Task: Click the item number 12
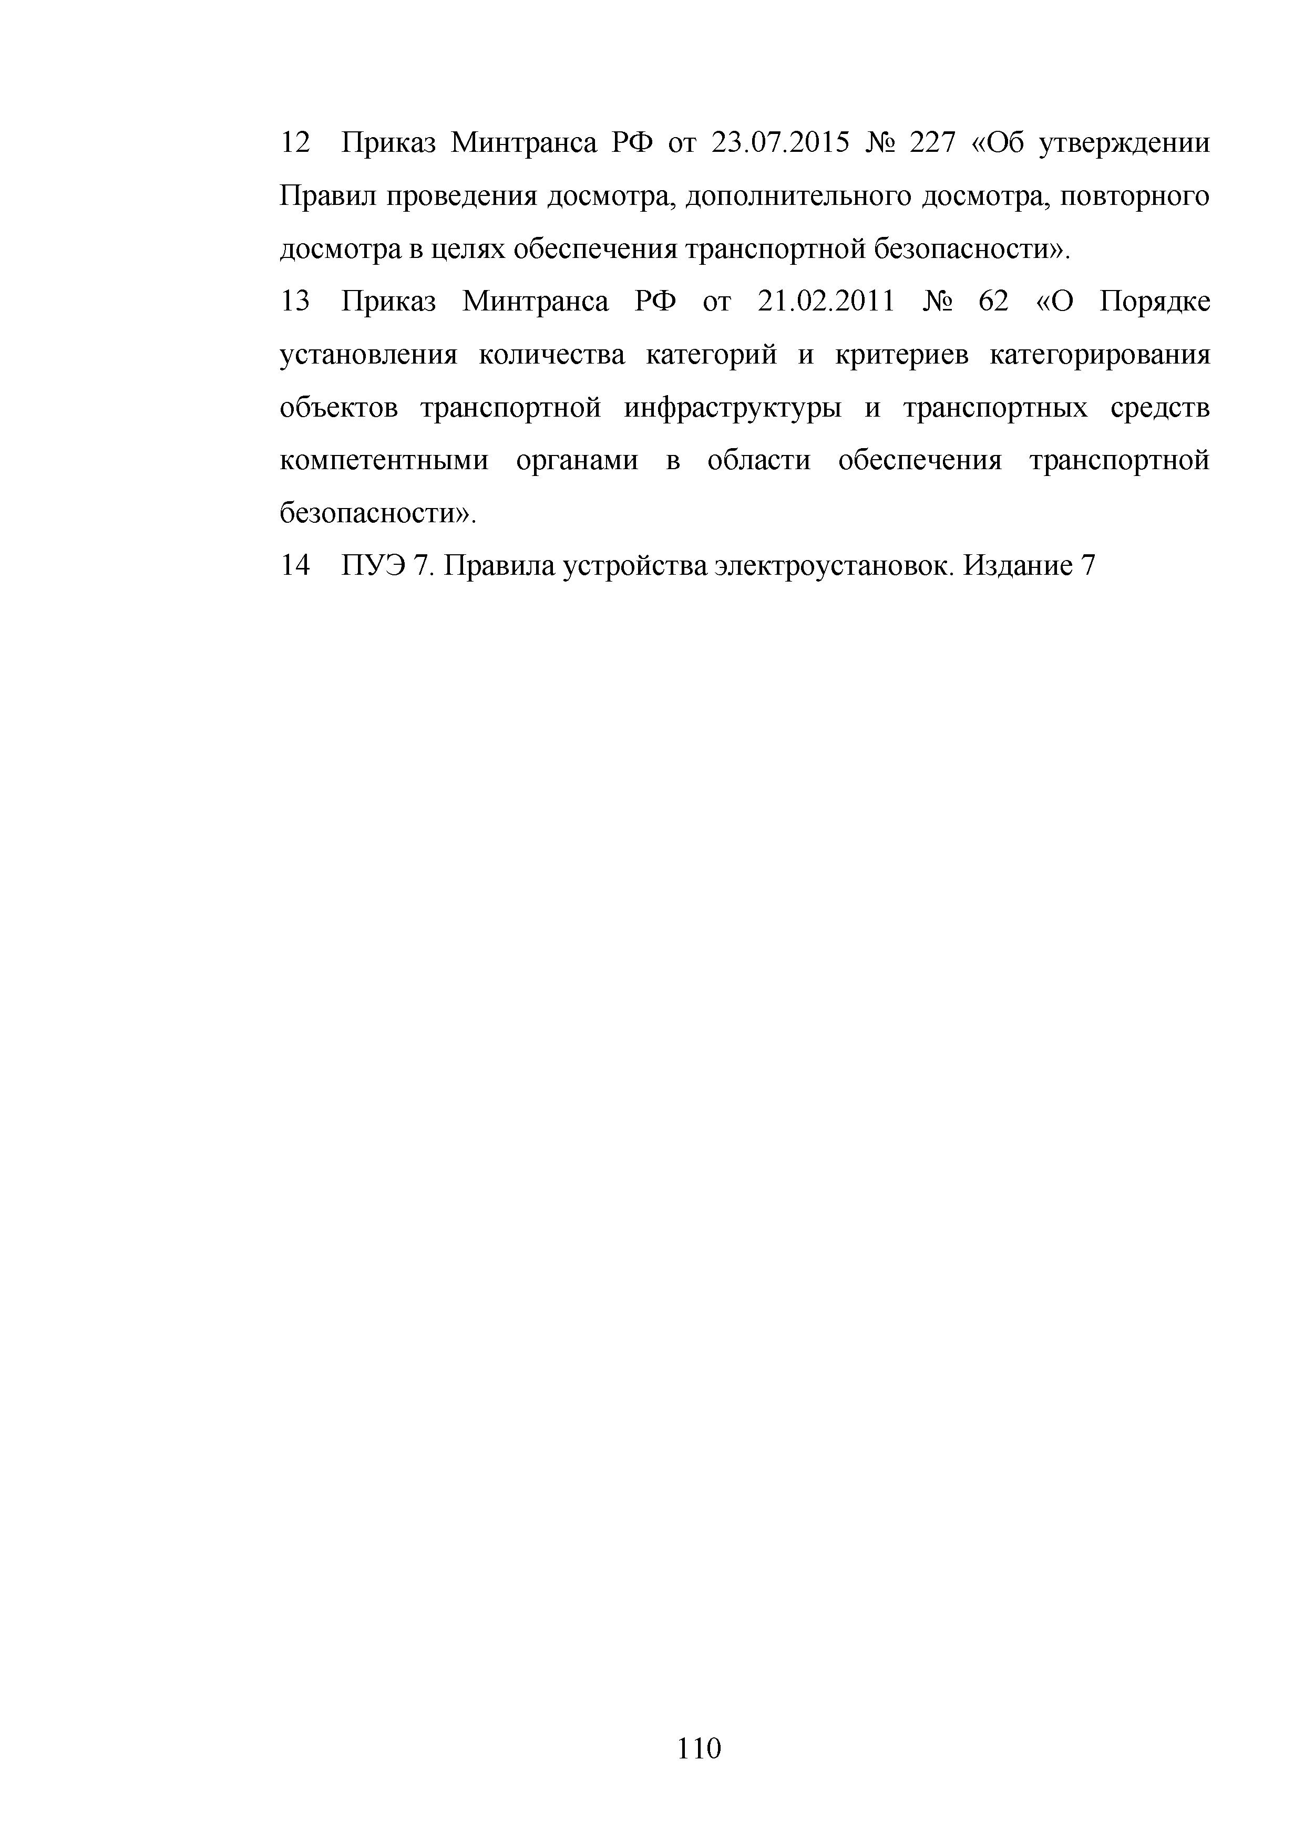(295, 143)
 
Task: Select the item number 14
(295, 566)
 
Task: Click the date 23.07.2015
(779, 143)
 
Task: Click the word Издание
(1018, 566)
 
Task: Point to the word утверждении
(1124, 143)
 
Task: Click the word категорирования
(1099, 355)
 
